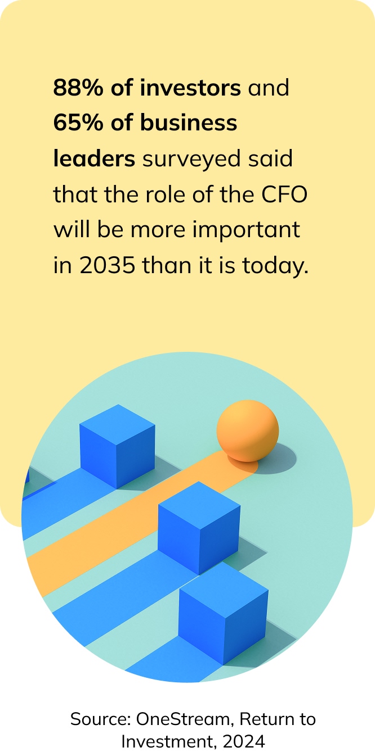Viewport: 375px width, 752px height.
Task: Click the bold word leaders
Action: tap(94, 159)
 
